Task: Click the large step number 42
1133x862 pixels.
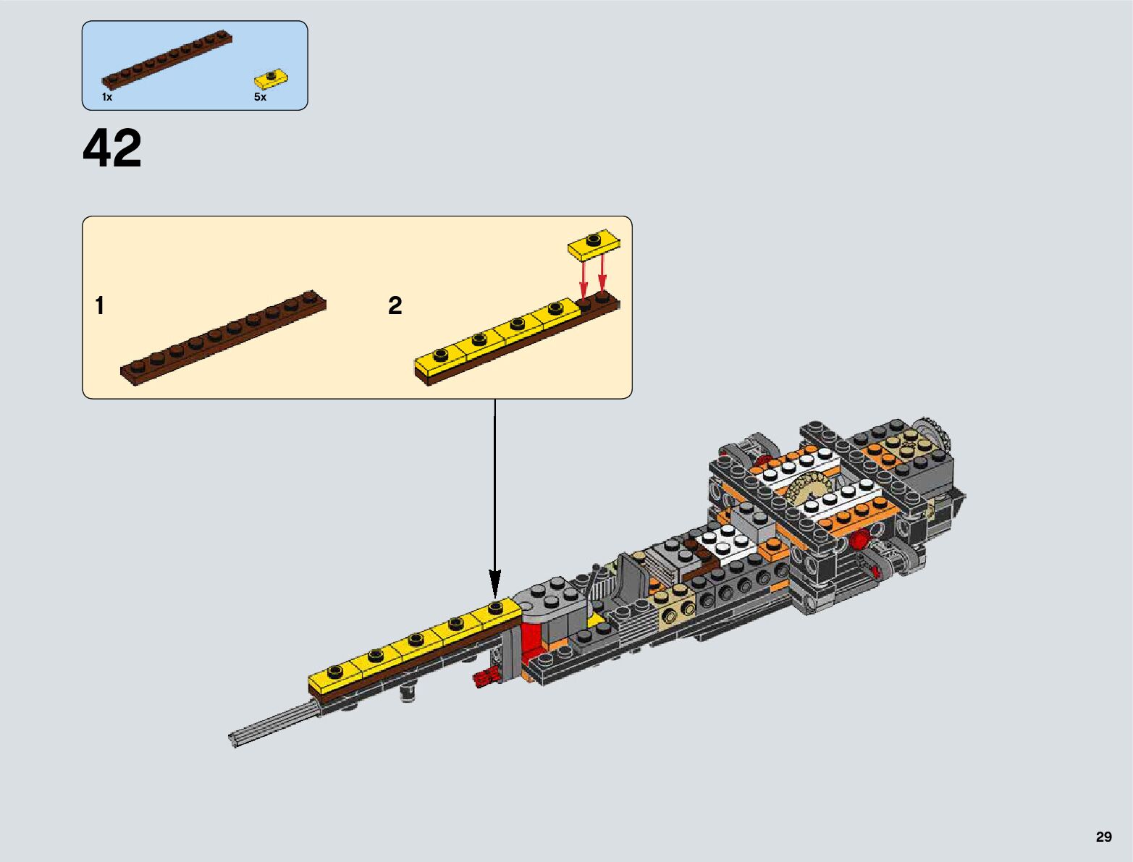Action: click(112, 149)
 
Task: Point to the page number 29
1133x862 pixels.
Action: click(1103, 837)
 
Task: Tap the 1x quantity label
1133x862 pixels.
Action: click(107, 97)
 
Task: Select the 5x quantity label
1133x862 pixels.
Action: click(260, 97)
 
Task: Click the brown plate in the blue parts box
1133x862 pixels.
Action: click(167, 59)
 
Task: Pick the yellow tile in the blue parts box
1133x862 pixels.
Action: click(271, 77)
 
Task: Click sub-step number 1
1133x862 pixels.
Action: click(100, 306)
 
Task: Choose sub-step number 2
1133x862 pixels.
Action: click(395, 306)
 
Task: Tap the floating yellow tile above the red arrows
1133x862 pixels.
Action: click(594, 243)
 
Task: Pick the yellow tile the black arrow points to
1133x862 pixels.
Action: click(494, 611)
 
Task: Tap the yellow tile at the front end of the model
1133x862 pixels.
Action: click(333, 677)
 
